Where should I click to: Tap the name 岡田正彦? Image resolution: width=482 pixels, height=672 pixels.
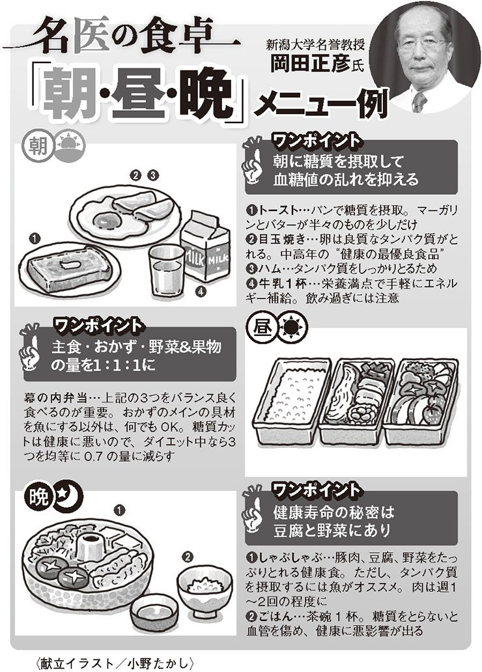[x=305, y=64]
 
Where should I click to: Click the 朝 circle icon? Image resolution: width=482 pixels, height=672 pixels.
[x=36, y=145]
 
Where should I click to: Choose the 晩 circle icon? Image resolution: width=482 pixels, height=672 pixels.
[x=37, y=499]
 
